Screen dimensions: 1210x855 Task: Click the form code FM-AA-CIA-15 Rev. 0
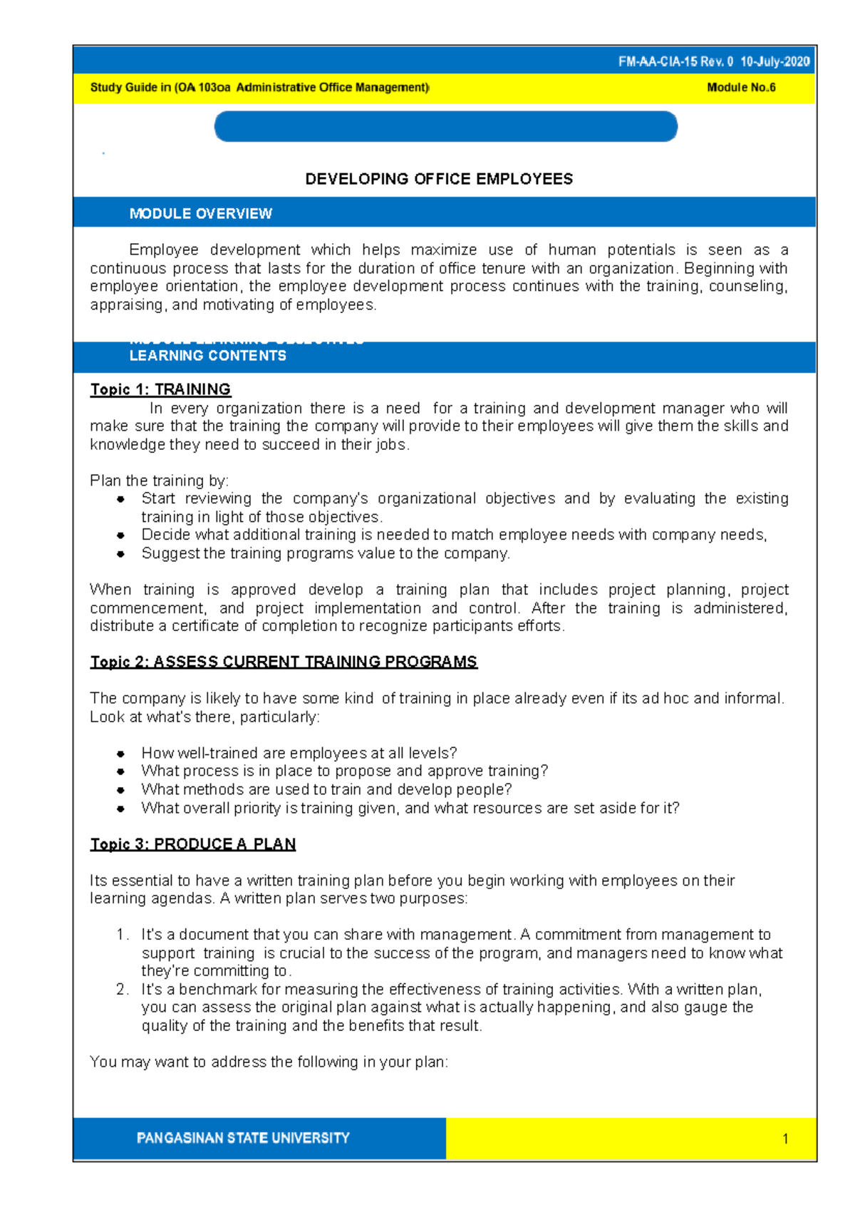point(675,62)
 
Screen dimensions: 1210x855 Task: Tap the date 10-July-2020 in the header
point(774,62)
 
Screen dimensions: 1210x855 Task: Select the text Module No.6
point(741,88)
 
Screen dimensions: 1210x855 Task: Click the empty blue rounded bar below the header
point(445,127)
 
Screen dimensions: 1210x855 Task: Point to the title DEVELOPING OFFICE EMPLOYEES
point(439,179)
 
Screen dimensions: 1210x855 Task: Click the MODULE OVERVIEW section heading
point(200,214)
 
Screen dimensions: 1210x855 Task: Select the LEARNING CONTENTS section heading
point(207,356)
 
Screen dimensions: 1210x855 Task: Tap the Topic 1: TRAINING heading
point(160,389)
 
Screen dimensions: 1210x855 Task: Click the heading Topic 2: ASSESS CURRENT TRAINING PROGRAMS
point(284,662)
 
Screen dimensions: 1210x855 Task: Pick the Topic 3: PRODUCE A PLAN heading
point(192,844)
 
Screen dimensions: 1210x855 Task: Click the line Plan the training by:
point(159,481)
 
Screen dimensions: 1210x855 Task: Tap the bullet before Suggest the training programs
point(121,554)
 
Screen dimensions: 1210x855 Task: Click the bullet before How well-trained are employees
point(121,754)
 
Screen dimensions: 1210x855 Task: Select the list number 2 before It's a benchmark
point(122,990)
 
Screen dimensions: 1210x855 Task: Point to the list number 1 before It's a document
point(122,935)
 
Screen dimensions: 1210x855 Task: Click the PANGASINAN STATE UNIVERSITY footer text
point(243,1138)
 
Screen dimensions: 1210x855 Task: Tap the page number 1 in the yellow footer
point(785,1139)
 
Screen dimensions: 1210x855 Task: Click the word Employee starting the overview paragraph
point(164,250)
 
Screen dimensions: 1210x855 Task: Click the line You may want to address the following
point(269,1062)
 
